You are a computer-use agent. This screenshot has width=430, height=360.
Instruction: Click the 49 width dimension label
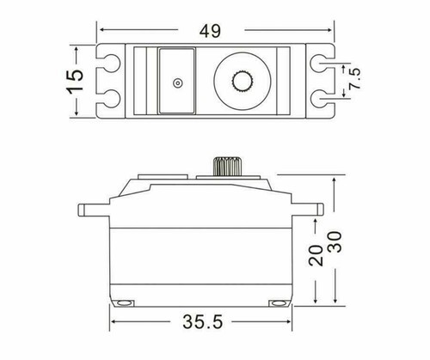[x=210, y=31]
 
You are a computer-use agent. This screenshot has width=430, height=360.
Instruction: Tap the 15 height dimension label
[x=76, y=81]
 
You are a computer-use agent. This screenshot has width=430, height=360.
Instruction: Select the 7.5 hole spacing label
[x=355, y=78]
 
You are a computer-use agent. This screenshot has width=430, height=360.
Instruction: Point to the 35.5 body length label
[x=202, y=321]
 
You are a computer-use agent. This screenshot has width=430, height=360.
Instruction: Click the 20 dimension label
[x=316, y=254]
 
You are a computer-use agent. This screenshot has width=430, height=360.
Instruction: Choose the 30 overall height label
[x=335, y=242]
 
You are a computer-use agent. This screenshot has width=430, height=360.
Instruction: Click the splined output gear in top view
[x=243, y=82]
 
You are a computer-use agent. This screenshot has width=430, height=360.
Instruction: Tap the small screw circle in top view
[x=178, y=83]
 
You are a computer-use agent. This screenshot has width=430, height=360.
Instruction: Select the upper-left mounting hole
[x=111, y=63]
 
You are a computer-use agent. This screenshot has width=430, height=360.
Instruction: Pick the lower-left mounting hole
[x=111, y=99]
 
